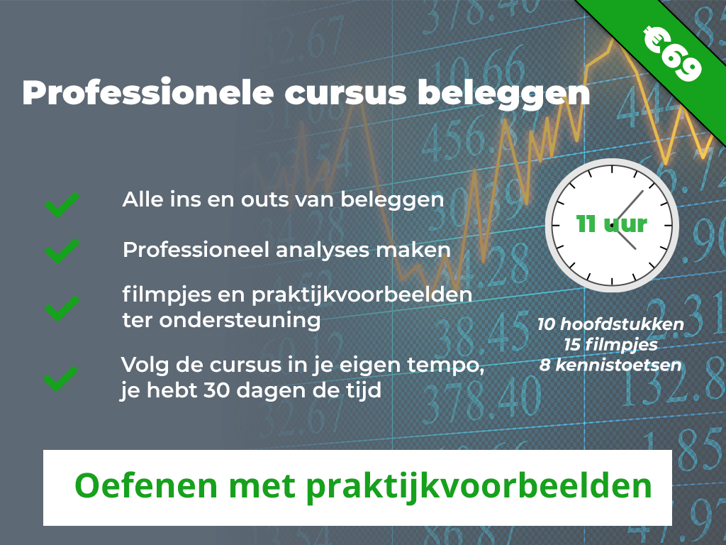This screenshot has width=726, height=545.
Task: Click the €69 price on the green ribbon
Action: (x=672, y=54)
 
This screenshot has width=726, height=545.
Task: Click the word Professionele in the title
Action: (x=148, y=92)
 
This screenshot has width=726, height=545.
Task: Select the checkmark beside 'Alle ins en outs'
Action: (x=62, y=205)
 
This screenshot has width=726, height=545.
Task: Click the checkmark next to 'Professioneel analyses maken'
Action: (x=62, y=252)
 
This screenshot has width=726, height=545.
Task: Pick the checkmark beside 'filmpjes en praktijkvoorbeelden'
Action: (x=62, y=309)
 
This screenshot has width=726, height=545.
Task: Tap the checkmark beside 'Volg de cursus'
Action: (x=61, y=379)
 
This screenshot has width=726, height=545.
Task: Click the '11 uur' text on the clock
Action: (x=612, y=224)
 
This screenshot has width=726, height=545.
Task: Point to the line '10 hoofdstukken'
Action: (x=610, y=324)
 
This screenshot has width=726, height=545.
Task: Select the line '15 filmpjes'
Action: (x=610, y=345)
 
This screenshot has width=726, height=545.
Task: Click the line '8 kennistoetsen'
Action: (x=610, y=365)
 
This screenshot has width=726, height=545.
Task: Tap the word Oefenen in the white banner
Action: (x=146, y=485)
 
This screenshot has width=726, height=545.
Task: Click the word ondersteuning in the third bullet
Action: (x=240, y=320)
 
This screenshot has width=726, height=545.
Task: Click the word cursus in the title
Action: (x=345, y=93)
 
